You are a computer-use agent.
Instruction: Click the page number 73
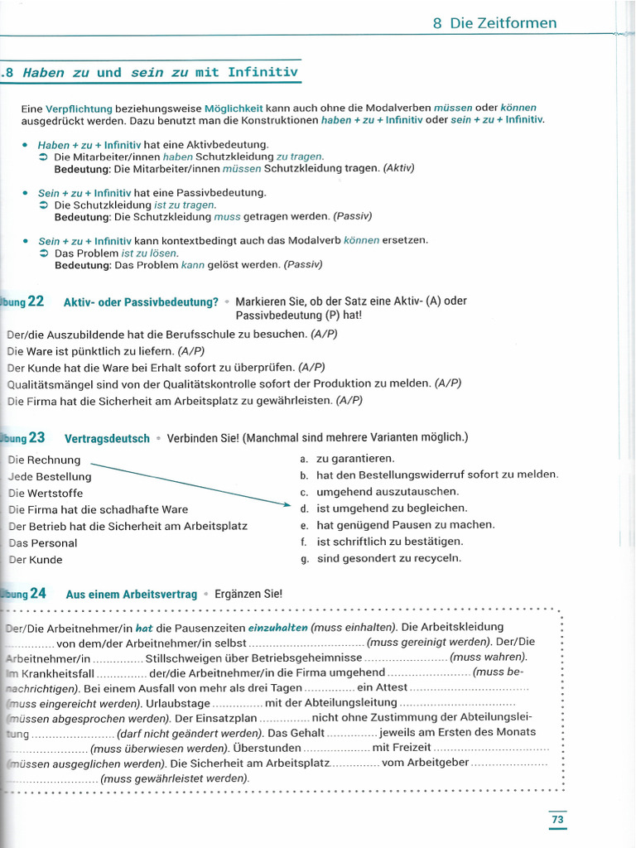(557, 820)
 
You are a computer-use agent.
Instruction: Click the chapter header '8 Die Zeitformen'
(494, 23)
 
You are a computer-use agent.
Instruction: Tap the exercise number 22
(36, 301)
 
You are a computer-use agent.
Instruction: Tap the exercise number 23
(36, 438)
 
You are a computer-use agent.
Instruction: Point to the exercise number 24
(37, 594)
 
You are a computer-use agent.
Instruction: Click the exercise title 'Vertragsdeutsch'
(107, 439)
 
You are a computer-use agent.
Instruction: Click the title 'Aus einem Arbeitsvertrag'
(131, 595)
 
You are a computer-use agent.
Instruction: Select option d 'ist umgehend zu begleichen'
(392, 508)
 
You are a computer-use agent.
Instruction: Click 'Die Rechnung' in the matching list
(44, 460)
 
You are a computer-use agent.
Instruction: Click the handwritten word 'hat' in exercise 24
(144, 628)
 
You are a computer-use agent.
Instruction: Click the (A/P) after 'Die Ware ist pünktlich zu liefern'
(191, 351)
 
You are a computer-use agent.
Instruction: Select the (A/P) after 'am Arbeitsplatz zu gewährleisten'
(349, 401)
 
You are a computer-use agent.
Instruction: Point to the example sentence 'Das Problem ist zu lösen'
(116, 253)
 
